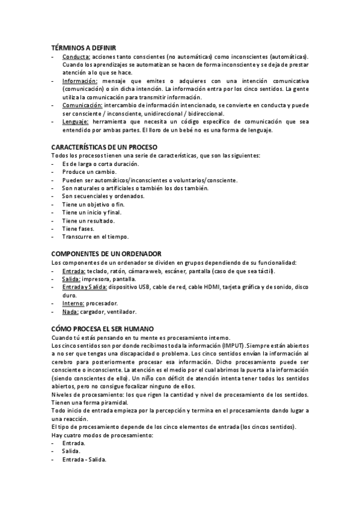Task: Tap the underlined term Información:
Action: (x=79, y=81)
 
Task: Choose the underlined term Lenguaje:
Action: (x=75, y=121)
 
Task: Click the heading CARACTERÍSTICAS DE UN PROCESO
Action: (x=105, y=147)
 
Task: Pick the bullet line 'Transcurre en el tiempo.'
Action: (x=95, y=237)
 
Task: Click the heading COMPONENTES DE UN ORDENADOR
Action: (x=106, y=254)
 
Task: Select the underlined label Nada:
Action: (x=70, y=312)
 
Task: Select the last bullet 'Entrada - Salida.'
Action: (x=84, y=459)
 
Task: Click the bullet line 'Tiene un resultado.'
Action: (x=88, y=221)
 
